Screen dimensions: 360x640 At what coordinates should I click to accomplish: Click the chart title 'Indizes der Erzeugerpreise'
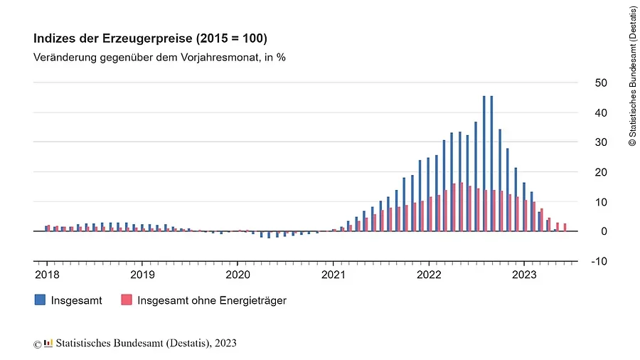pyautogui.click(x=150, y=38)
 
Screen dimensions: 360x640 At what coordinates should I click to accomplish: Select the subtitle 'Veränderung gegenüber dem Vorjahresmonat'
pyautogui.click(x=159, y=57)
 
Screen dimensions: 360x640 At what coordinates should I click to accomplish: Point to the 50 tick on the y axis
pyautogui.click(x=600, y=83)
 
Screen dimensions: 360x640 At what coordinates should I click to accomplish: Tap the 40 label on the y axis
pyautogui.click(x=600, y=113)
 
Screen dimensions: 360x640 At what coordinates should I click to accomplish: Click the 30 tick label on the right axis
pyautogui.click(x=600, y=142)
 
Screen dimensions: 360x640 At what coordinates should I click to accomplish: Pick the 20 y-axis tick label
pyautogui.click(x=600, y=172)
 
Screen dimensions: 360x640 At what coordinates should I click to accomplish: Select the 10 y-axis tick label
pyautogui.click(x=600, y=202)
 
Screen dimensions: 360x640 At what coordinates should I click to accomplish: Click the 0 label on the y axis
pyautogui.click(x=603, y=232)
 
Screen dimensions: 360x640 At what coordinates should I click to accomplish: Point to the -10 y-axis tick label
pyautogui.click(x=599, y=261)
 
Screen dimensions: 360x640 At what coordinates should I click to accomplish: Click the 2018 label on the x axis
pyautogui.click(x=46, y=274)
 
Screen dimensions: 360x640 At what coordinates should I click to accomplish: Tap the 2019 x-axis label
pyautogui.click(x=142, y=274)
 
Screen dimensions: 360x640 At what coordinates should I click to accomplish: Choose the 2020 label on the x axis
pyautogui.click(x=238, y=274)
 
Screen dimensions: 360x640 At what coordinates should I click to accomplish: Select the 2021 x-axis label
pyautogui.click(x=334, y=274)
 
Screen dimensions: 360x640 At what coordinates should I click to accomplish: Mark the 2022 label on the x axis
pyautogui.click(x=429, y=274)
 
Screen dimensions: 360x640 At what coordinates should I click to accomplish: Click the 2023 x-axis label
pyautogui.click(x=524, y=274)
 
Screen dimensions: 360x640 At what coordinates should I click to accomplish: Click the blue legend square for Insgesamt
pyautogui.click(x=40, y=300)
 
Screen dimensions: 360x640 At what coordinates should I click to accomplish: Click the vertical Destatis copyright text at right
pyautogui.click(x=632, y=76)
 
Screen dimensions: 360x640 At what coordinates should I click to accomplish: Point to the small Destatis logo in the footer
pyautogui.click(x=48, y=344)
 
